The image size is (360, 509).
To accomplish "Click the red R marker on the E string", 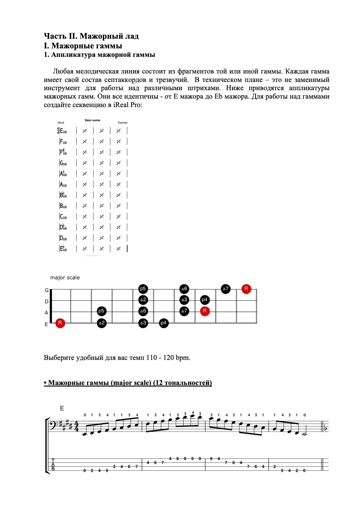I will [x=60, y=323].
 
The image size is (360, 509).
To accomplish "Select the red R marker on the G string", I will [x=246, y=289].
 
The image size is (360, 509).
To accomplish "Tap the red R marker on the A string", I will [x=205, y=311].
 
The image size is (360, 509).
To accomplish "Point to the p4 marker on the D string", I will [x=205, y=300].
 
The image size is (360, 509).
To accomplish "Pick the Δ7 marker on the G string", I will [x=225, y=289].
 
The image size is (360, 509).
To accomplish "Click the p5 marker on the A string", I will [x=101, y=311].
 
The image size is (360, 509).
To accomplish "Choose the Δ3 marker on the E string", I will [x=143, y=323].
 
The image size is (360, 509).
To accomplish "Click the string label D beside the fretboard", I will [x=47, y=302].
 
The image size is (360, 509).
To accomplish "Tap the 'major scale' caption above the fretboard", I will [x=65, y=278].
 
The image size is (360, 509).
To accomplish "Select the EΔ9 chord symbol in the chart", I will [x=63, y=131].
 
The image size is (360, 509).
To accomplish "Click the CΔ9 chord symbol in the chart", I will [x=63, y=217].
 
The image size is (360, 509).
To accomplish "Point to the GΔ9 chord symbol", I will [x=63, y=163].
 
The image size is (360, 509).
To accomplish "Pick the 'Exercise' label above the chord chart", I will [x=123, y=123].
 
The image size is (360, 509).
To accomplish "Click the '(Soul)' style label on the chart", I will [x=61, y=123].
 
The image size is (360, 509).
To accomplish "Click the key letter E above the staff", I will [x=62, y=409].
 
